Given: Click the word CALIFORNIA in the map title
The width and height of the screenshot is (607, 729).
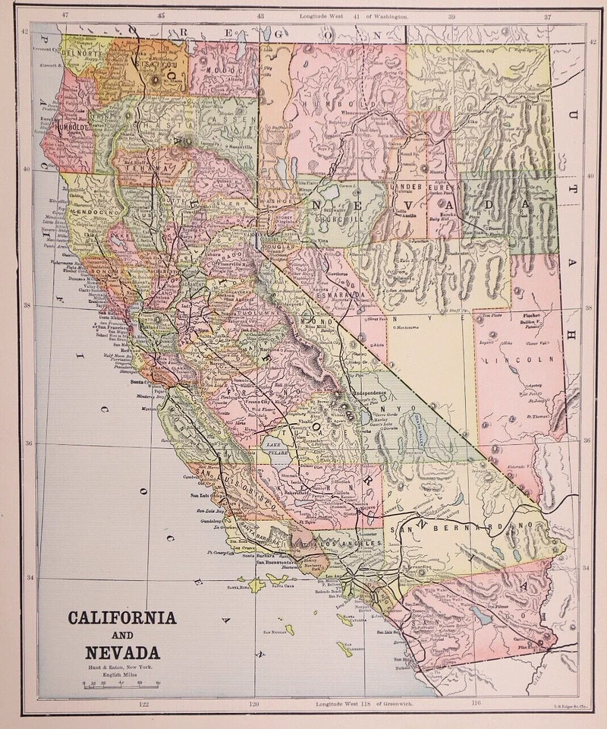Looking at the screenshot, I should pyautogui.click(x=122, y=617).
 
